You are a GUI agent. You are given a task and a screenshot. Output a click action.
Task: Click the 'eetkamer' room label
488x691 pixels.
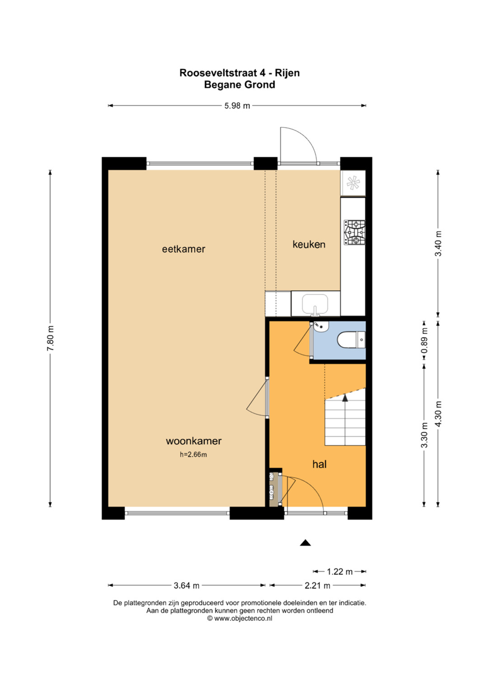(183, 249)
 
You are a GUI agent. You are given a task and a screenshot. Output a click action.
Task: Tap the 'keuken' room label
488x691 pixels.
(309, 244)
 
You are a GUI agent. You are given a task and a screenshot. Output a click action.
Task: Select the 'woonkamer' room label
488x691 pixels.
(194, 441)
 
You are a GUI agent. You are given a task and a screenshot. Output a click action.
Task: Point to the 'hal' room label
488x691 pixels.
(319, 464)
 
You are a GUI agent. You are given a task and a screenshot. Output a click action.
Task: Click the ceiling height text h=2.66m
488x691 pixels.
(194, 454)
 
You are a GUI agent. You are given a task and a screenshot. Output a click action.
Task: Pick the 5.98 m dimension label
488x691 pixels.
(237, 106)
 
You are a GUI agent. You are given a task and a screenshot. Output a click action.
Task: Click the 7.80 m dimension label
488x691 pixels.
(50, 338)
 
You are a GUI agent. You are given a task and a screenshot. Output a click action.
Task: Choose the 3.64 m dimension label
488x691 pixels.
(186, 585)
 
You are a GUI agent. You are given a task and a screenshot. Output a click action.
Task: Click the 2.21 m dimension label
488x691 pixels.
(317, 585)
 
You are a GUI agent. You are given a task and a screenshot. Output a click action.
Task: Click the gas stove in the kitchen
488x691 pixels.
(354, 233)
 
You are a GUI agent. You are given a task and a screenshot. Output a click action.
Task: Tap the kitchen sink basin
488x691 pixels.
(315, 304)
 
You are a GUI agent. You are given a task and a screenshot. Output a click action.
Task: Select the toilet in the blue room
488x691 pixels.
(351, 340)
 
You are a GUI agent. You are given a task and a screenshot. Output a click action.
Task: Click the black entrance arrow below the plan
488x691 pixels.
(305, 543)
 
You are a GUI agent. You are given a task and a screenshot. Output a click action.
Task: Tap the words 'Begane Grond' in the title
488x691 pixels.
(239, 84)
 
